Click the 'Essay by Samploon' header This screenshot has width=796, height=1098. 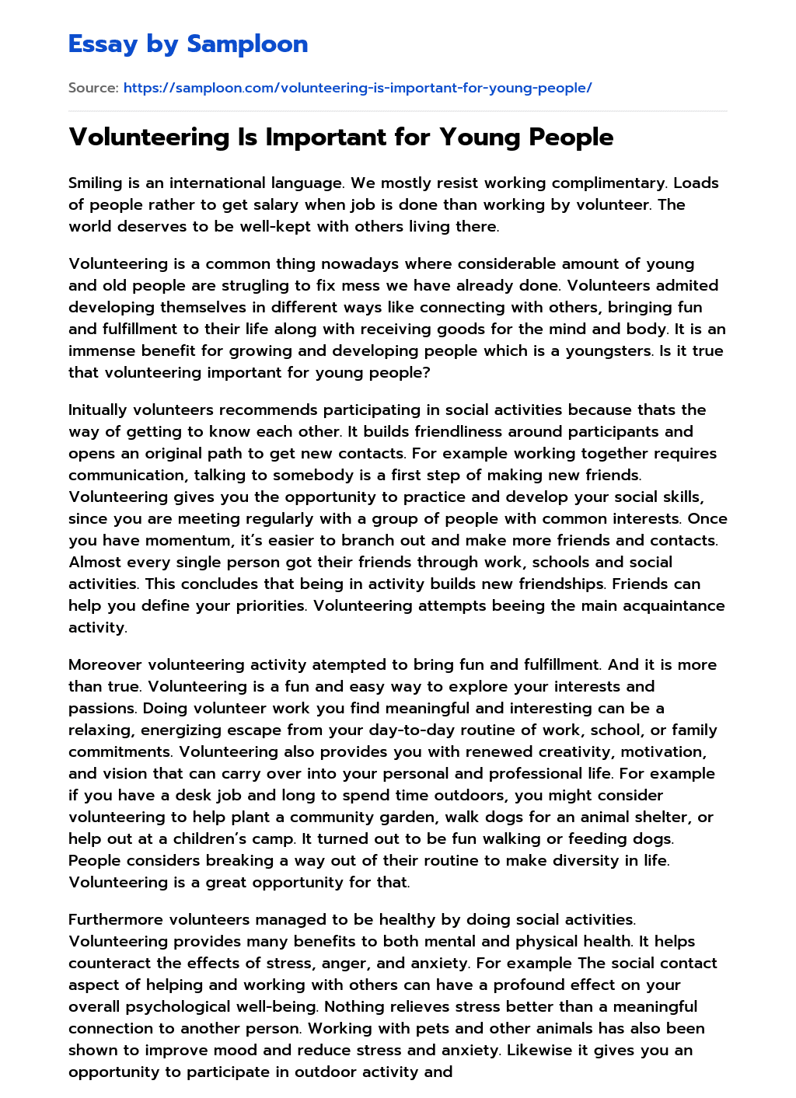(x=188, y=44)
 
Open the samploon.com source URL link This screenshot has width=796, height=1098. (x=358, y=88)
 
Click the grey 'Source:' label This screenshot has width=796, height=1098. (x=93, y=88)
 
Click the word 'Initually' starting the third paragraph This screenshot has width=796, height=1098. (x=98, y=410)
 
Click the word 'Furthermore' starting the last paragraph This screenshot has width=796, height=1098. (x=116, y=920)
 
